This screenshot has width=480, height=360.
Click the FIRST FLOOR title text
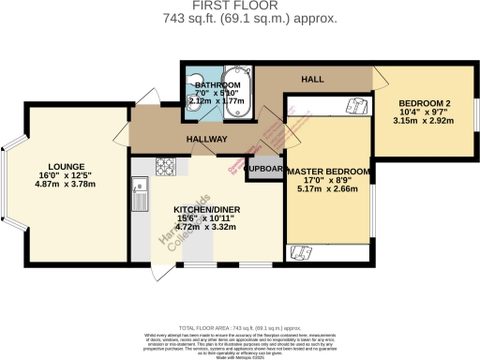pyautogui.click(x=239, y=7)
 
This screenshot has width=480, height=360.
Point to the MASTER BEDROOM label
pyautogui.click(x=329, y=172)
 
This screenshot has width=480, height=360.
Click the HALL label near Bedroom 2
pyautogui.click(x=312, y=80)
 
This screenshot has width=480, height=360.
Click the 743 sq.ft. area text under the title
pyautogui.click(x=239, y=19)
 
